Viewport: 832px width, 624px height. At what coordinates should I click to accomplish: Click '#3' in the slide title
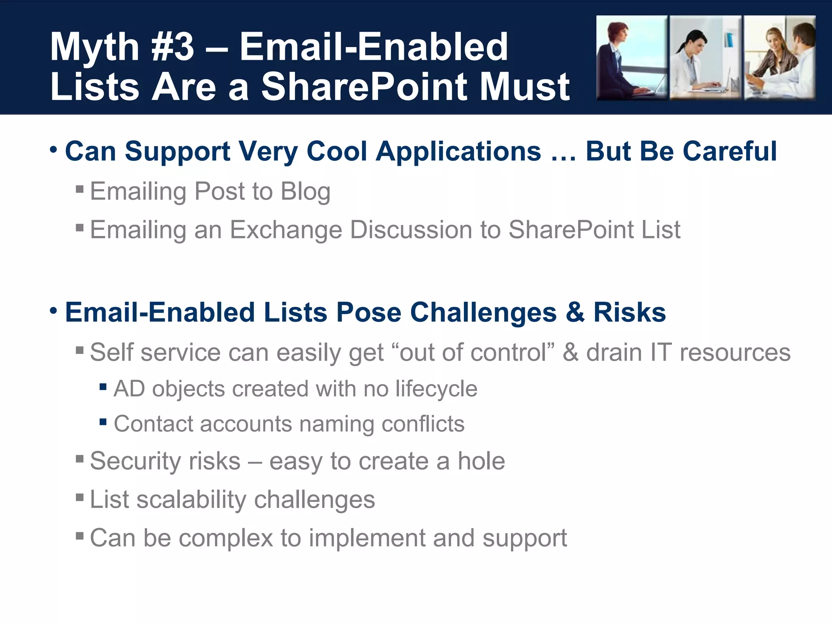click(x=172, y=47)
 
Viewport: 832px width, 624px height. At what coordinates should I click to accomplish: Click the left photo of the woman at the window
click(x=631, y=58)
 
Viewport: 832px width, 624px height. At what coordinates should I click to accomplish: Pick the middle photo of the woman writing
click(x=705, y=58)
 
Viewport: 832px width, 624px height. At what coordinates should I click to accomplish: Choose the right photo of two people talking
click(x=780, y=58)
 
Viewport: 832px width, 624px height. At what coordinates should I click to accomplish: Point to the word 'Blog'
click(x=305, y=191)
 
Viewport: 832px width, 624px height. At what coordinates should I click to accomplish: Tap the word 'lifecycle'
click(x=436, y=389)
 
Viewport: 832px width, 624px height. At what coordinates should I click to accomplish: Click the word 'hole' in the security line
click(x=481, y=461)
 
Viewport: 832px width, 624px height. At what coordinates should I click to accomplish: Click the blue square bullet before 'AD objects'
click(x=103, y=387)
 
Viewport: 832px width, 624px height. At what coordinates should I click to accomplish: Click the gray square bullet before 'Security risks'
click(x=80, y=459)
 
